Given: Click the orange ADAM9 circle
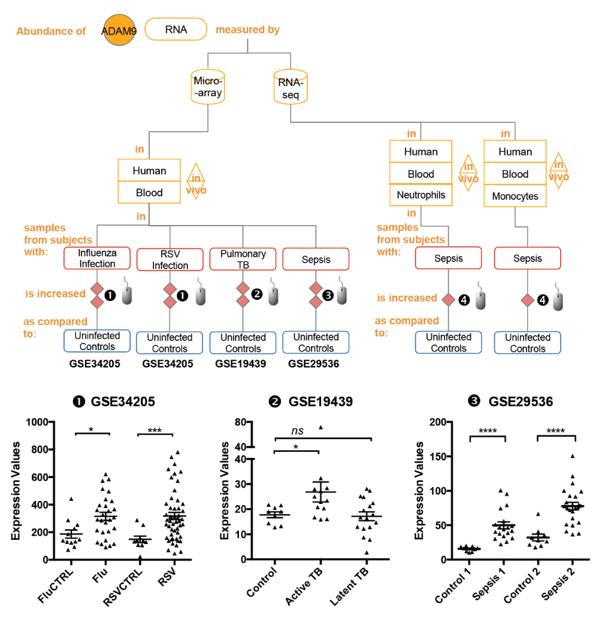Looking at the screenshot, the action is tap(119, 30).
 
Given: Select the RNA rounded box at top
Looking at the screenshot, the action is tap(176, 29).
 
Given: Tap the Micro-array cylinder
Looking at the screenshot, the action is tap(208, 87).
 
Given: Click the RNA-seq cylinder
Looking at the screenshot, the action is tap(291, 87).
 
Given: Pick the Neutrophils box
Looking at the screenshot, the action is tap(420, 195).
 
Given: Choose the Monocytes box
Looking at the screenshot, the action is tap(515, 196).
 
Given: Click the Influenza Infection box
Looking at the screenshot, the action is tap(97, 258).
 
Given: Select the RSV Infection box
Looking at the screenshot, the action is tap(170, 260).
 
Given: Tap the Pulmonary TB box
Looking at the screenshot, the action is tap(243, 259).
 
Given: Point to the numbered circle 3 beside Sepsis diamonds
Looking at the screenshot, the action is tap(328, 295).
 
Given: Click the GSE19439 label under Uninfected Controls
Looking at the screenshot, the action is tap(241, 364).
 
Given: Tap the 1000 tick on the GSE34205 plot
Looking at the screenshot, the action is tap(37, 423).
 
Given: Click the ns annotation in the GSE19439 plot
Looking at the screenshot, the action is tap(297, 431).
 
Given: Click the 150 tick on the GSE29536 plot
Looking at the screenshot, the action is tap(438, 456).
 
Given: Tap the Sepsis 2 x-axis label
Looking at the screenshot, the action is tap(558, 583).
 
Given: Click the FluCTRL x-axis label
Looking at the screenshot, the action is tap(55, 586).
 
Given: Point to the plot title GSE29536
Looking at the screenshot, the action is tap(521, 402).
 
